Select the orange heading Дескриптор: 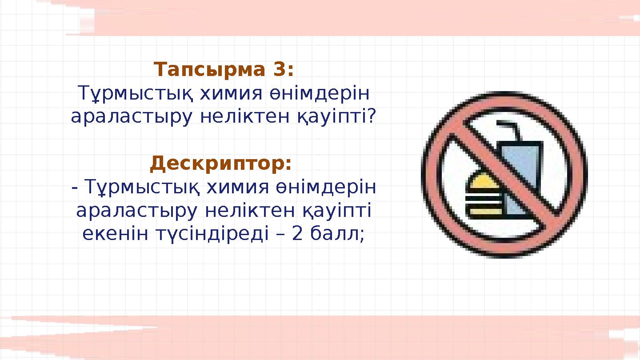tap(221, 164)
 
